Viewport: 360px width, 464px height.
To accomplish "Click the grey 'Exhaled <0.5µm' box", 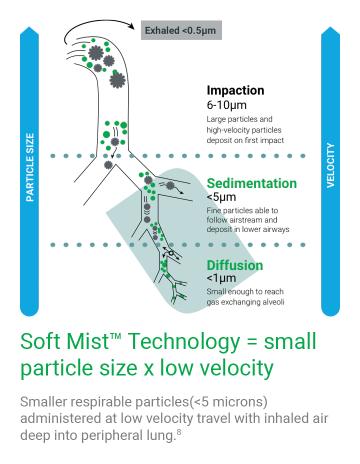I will pos(184,30).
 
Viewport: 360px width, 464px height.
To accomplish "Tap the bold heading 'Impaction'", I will pos(235,89).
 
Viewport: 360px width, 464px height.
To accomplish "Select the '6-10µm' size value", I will pos(227,104).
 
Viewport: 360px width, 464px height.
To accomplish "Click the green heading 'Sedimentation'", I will pos(251,183).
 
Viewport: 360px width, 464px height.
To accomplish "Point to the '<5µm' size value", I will pos(220,198).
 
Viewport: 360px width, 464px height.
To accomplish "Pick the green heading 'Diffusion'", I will pos(235,265).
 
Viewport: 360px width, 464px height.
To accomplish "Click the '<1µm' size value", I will pos(220,279).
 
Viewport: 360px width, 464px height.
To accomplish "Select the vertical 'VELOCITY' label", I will pos(332,167).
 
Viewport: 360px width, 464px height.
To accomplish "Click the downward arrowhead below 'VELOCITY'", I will pos(332,300).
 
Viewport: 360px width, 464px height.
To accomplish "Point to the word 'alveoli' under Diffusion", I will pos(288,300).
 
